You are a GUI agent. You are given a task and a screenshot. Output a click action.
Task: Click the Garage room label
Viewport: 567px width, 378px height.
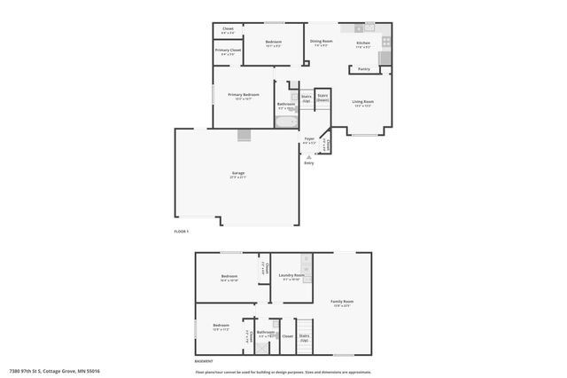(237, 173)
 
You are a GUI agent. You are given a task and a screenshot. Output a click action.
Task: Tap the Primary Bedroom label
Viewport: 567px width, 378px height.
(243, 95)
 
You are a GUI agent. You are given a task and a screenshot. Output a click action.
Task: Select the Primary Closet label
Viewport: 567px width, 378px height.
(228, 51)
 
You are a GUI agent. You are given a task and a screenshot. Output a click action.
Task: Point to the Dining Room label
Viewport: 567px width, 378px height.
(321, 42)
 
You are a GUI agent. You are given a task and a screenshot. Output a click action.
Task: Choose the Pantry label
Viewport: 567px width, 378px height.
(364, 69)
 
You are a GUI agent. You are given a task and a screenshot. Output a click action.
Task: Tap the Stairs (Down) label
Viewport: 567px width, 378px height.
(322, 98)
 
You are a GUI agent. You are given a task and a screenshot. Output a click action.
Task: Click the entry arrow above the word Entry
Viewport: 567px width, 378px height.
(308, 156)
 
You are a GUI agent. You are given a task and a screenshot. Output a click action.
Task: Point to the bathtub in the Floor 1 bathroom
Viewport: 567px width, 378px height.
(286, 122)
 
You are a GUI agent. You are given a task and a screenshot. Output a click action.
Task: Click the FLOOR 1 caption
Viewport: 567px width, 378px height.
(181, 232)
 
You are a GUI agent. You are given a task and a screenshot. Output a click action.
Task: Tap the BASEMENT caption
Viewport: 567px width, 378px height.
(204, 362)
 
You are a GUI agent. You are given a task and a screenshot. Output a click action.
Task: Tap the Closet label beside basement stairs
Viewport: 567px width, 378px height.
(287, 337)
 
